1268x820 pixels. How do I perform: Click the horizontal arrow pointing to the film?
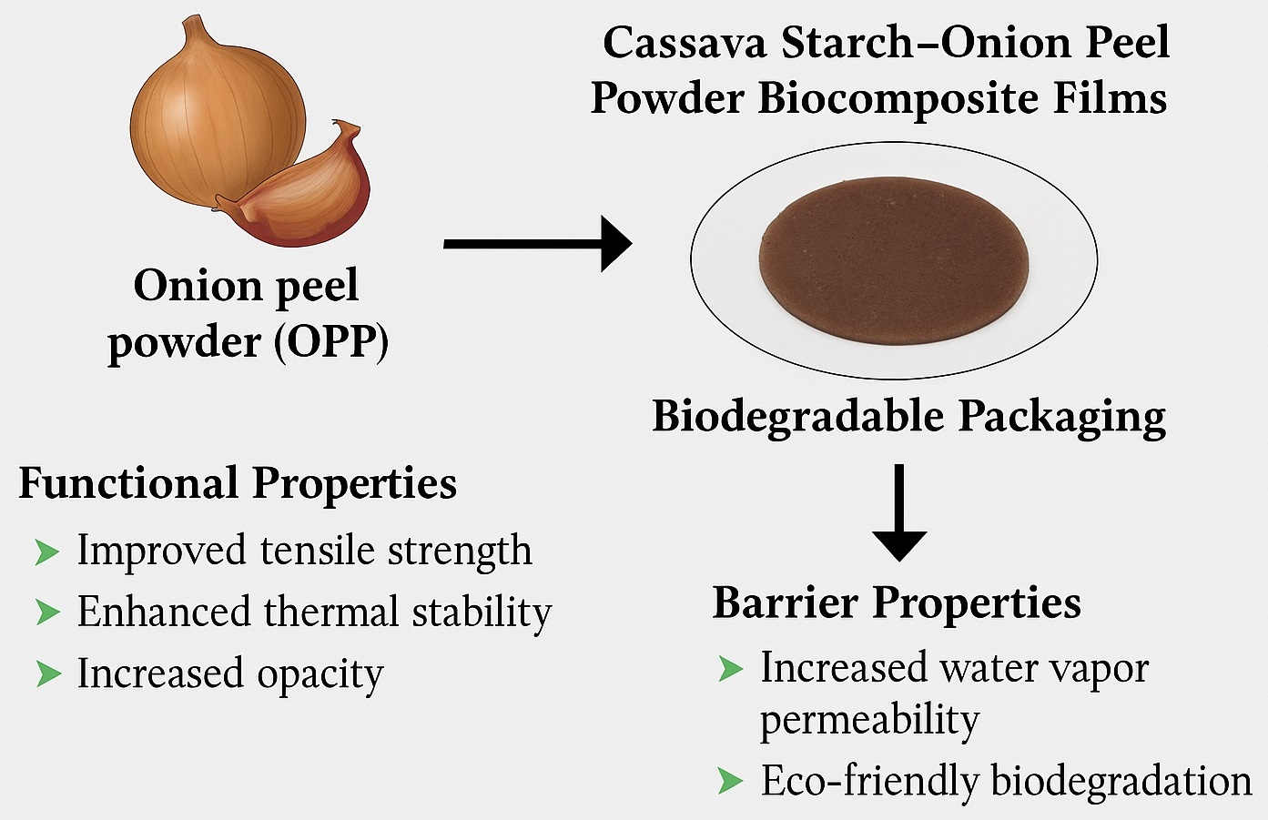coord(537,243)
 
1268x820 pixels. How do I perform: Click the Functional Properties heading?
coord(238,483)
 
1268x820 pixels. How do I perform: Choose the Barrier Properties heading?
coord(897,602)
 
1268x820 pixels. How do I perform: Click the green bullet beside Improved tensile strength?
coord(46,552)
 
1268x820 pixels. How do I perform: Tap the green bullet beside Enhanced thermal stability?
coord(46,612)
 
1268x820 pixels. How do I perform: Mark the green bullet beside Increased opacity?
coord(46,674)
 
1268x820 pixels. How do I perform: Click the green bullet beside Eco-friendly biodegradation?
coord(730,781)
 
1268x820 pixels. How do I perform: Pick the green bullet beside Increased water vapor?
coord(730,669)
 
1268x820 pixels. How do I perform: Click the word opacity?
coord(320,675)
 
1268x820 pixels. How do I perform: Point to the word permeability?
coord(869,721)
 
